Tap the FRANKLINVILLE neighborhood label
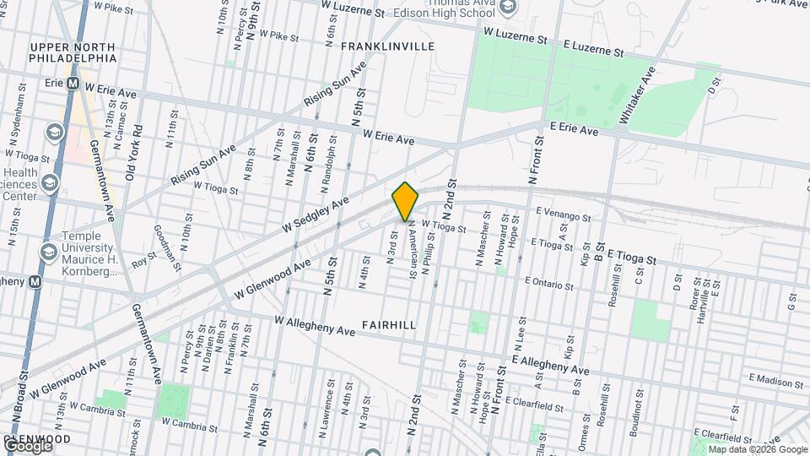click(x=387, y=46)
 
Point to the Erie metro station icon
click(x=73, y=84)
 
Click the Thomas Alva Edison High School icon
click(x=507, y=8)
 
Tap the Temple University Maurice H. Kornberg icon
click(x=49, y=252)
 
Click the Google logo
click(x=27, y=446)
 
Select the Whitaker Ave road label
click(x=637, y=95)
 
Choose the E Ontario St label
click(x=548, y=283)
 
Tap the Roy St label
click(x=144, y=260)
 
